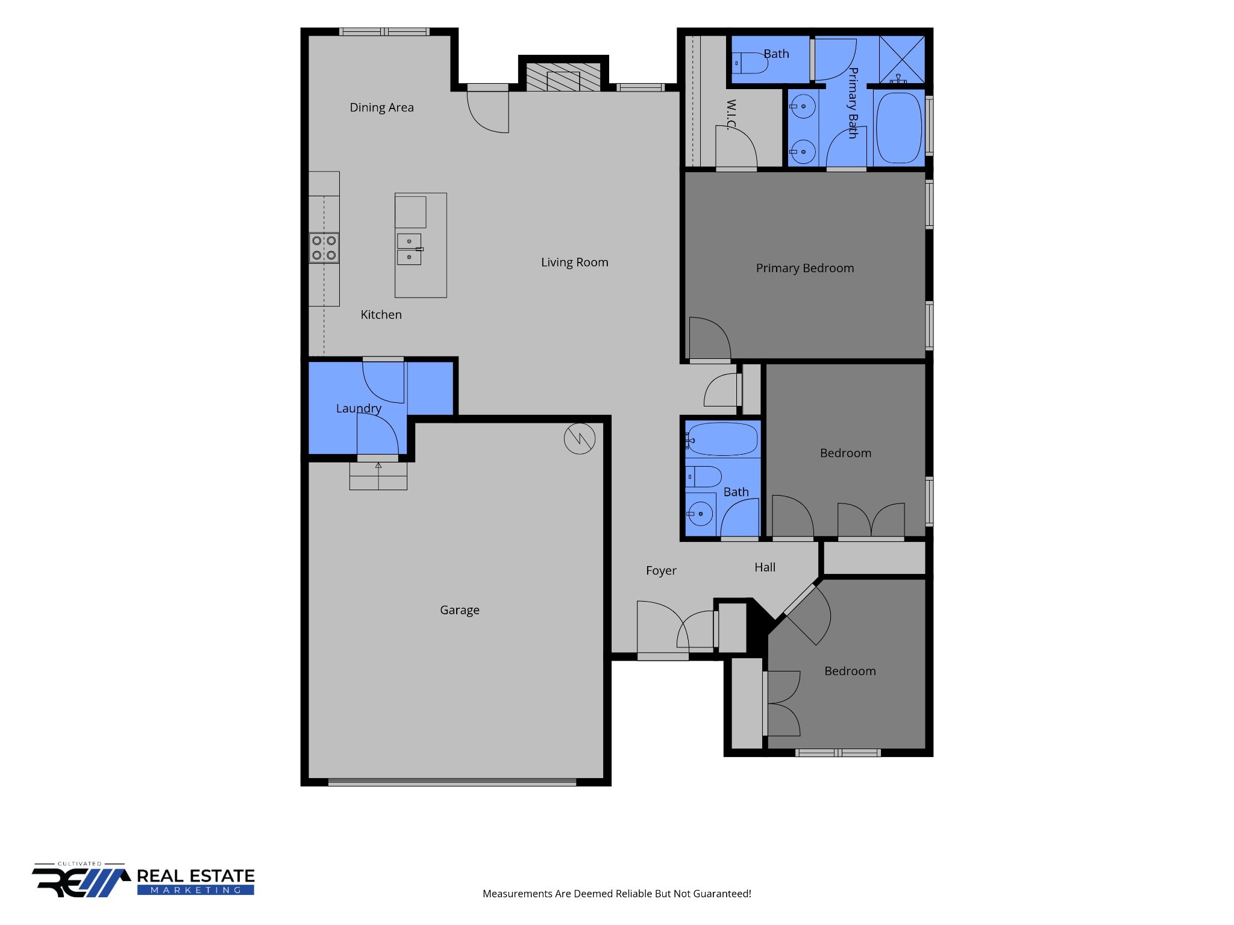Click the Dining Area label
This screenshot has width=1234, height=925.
coord(381,108)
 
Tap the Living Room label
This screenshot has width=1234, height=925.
coord(574,263)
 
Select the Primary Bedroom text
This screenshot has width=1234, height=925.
coord(805,269)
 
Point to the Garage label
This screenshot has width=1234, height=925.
coord(460,610)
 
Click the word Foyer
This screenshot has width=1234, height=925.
coord(661,571)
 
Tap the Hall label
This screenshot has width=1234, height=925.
coord(765,567)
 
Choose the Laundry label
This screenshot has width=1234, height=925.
coord(359,409)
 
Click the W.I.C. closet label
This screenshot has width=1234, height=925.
coord(731,114)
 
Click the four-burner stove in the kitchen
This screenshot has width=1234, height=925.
coord(324,248)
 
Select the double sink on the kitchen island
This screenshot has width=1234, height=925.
coord(409,249)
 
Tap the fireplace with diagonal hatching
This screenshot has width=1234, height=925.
coord(563,77)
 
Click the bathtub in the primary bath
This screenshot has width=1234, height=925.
coord(898,128)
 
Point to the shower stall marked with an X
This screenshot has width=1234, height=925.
coord(902,59)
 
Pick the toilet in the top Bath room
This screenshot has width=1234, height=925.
coord(750,63)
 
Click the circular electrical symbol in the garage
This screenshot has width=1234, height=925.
coord(580,438)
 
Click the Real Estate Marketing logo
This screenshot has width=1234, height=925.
coord(143,880)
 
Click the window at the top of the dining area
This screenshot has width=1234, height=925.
coord(384,32)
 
